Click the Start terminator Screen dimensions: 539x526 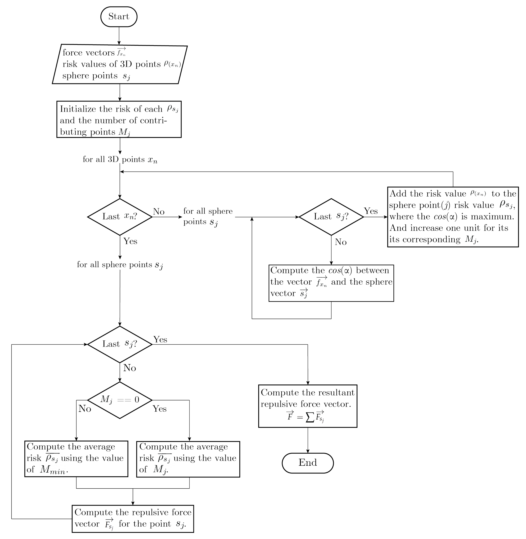coord(119,17)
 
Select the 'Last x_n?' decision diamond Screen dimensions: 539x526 coord(120,217)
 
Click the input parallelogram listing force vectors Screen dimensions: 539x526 coord(120,64)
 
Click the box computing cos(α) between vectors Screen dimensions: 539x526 coord(331,283)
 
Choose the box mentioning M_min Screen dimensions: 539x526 coord(76,459)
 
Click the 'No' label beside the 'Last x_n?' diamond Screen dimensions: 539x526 coord(159,212)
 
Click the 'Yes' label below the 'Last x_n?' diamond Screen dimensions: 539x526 coord(130,241)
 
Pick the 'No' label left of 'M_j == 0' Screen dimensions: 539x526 coord(84,409)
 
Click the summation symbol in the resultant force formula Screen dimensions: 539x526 coord(310,418)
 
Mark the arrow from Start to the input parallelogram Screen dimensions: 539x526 coord(119,35)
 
